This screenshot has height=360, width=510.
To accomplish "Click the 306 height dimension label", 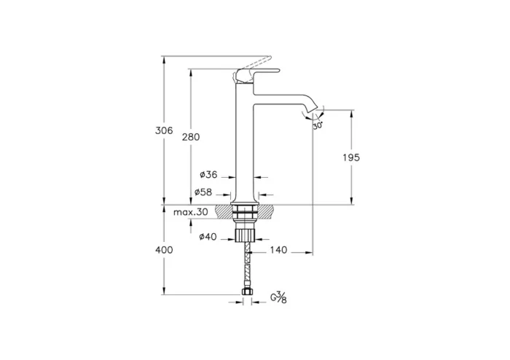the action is point(164,130).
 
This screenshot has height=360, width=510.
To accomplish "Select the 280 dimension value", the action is point(191,137).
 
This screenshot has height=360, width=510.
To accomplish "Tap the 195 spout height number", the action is point(351,157).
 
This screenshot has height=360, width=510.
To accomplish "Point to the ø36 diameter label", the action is point(208,175).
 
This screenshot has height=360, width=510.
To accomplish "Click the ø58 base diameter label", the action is point(203,192).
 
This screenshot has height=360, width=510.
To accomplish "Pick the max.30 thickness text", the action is point(191,212).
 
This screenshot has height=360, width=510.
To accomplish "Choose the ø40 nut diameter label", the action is point(208,237).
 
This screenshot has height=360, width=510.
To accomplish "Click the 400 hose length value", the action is point(164,250).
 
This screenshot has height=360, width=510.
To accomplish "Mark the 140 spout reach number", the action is point(279,250).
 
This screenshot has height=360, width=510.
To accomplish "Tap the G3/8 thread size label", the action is point(279,297).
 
